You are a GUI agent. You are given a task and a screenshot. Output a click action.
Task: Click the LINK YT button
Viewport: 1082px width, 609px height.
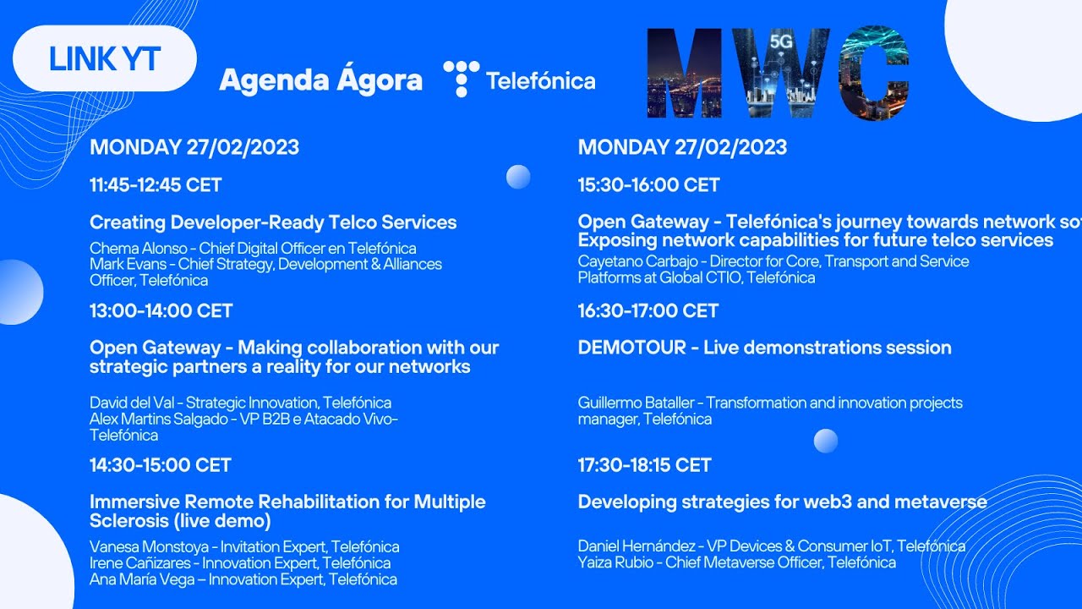click(105, 58)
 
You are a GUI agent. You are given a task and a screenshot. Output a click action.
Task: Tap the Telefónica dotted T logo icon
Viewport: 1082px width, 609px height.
click(461, 79)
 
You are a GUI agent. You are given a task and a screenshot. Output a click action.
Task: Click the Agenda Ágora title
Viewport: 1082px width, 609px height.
click(320, 80)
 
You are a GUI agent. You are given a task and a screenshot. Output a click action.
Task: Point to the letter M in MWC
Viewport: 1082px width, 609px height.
click(684, 74)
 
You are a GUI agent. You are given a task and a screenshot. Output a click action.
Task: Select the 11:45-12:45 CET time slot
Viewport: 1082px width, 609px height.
click(156, 185)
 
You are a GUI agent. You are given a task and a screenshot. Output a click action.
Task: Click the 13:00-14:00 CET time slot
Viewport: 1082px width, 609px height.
click(161, 310)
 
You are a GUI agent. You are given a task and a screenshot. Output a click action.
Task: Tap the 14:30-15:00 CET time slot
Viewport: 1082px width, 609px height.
click(160, 464)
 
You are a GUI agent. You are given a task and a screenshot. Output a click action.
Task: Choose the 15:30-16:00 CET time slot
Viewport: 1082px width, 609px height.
click(648, 185)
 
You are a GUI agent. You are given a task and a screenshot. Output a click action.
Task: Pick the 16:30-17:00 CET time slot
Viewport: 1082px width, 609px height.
click(648, 310)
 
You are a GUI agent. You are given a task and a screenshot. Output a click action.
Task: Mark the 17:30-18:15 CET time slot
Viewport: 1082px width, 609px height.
click(644, 464)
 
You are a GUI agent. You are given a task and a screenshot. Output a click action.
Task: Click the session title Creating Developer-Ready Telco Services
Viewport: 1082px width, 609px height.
click(273, 222)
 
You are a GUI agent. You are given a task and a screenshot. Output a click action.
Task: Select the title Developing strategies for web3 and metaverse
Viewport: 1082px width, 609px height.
click(782, 502)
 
